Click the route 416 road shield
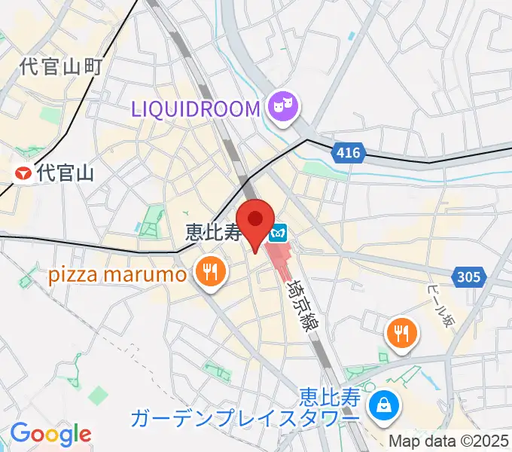coord(348,154)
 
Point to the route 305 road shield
coord(468,278)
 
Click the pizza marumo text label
coord(117,274)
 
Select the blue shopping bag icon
coord(384,407)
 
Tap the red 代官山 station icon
coord(24,174)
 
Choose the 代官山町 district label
coord(60,66)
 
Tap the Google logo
coord(50,435)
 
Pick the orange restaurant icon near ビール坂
coord(402,332)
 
